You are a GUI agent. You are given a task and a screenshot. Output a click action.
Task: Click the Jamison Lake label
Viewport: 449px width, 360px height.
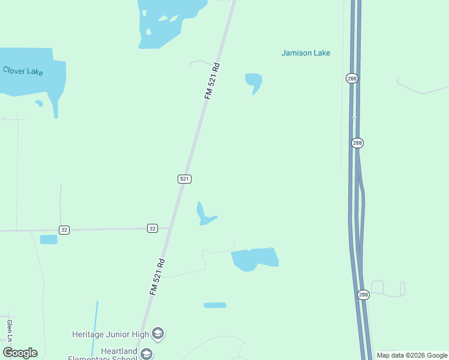[x=306, y=53]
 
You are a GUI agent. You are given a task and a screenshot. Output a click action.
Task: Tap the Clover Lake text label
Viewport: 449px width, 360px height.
[x=23, y=71]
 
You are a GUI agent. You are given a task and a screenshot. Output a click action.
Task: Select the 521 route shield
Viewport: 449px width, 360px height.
[x=184, y=179]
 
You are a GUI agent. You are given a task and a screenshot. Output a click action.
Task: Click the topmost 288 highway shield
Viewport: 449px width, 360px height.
[x=352, y=78]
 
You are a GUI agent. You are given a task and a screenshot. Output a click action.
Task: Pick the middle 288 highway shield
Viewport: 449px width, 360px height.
[x=357, y=143]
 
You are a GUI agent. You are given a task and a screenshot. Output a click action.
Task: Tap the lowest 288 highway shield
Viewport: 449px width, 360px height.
[x=363, y=294]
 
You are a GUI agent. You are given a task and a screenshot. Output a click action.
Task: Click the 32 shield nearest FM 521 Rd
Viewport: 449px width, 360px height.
[x=152, y=228]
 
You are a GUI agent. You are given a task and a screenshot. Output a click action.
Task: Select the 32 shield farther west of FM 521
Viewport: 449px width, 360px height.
[x=65, y=230]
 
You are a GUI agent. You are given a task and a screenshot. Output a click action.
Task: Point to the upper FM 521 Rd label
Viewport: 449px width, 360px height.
[x=212, y=81]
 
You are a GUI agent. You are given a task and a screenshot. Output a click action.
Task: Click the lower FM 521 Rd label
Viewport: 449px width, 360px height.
[x=157, y=277]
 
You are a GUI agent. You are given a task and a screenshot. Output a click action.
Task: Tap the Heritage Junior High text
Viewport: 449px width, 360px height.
[x=110, y=334]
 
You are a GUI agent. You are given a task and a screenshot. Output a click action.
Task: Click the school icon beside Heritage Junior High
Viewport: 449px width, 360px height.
[x=158, y=333]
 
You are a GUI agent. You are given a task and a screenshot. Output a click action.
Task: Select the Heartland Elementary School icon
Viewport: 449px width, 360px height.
[x=146, y=355]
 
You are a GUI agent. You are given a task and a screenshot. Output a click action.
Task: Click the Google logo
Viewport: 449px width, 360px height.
[x=20, y=353]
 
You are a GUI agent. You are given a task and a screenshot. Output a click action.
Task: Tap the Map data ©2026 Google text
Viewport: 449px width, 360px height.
[x=412, y=355]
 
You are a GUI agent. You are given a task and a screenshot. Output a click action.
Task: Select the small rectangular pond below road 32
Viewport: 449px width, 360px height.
[x=49, y=239]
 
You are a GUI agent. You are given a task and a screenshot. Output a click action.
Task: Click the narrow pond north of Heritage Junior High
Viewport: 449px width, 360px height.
[x=215, y=305]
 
